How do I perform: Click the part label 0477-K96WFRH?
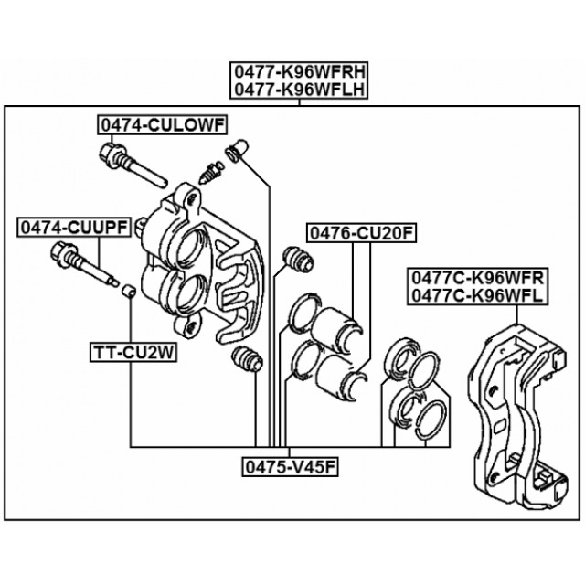[x=299, y=72]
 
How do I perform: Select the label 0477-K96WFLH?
[x=299, y=89]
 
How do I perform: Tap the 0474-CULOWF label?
[x=163, y=125]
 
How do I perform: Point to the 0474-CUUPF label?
[x=79, y=225]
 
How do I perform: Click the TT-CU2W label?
[x=131, y=350]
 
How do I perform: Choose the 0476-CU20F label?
[x=361, y=233]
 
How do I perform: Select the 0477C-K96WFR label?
[x=477, y=277]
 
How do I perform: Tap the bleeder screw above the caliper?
[x=211, y=170]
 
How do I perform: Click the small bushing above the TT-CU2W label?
[x=129, y=292]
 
